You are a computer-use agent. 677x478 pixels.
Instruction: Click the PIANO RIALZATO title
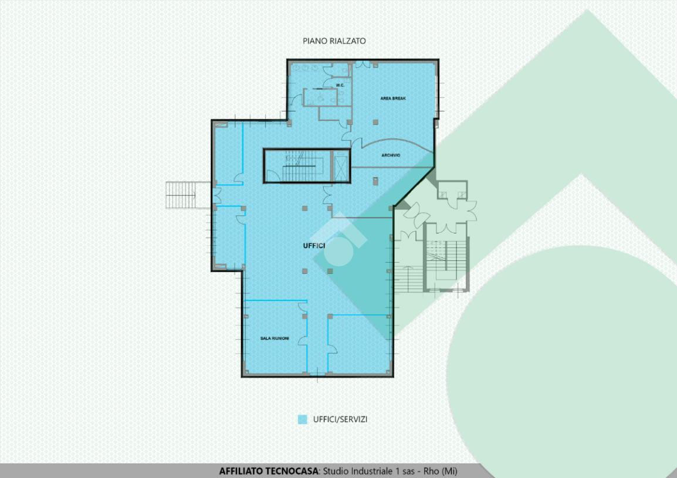[x=334, y=41]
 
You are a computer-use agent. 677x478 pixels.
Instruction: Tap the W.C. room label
[x=340, y=85]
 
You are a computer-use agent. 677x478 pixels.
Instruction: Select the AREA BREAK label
[x=393, y=99]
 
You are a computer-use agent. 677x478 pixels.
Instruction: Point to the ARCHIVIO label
[x=391, y=155]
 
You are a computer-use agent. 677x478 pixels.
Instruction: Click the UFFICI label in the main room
[x=314, y=246]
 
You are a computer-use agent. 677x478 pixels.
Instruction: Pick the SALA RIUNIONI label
[x=275, y=338]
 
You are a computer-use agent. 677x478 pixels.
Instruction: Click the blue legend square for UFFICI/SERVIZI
[x=303, y=419]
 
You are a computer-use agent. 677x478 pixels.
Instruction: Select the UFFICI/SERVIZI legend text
[x=340, y=419]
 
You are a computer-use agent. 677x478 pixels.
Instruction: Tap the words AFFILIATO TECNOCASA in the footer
[x=269, y=471]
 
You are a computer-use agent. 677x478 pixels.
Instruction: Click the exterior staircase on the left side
[x=182, y=195]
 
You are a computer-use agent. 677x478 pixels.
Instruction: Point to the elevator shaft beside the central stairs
[x=341, y=166]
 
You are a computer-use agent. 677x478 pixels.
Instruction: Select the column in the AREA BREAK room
[x=375, y=122]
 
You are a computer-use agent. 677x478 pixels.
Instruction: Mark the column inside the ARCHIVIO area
[x=375, y=181]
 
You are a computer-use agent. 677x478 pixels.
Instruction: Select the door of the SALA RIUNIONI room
[x=303, y=307]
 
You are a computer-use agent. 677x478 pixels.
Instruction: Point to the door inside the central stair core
[x=273, y=176]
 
